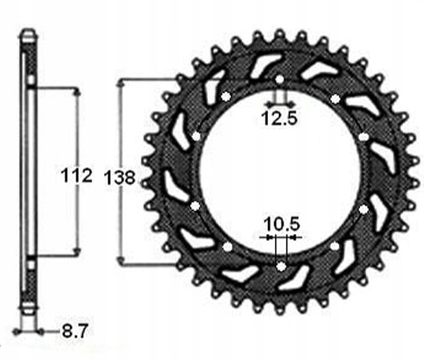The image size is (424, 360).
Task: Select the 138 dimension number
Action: (119, 178)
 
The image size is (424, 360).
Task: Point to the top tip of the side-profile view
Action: (28, 31)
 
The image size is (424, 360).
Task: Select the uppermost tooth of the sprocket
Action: (280, 32)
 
